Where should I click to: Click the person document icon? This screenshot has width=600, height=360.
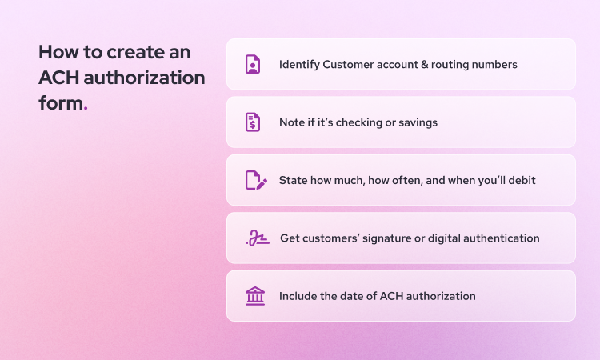coord(253,64)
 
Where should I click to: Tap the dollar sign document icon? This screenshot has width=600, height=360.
coord(253,122)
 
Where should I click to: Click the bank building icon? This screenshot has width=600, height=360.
coord(255,296)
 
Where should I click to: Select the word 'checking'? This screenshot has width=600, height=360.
coord(359,122)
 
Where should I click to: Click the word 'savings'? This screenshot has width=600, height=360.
coord(418,122)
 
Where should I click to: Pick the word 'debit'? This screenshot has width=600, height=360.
coord(520,180)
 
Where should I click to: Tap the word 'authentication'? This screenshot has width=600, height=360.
coord(502,238)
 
